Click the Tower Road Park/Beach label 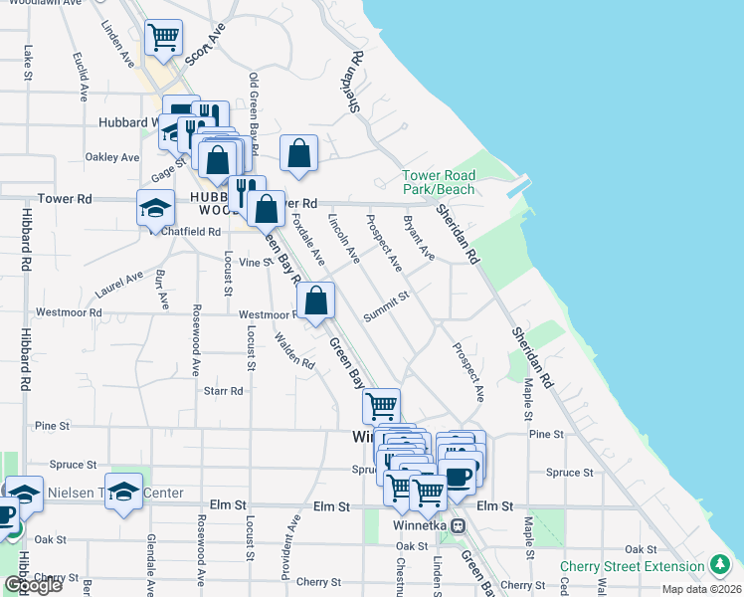pos(439,182)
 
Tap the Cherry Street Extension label pos(632,566)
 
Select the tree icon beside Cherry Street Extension pos(720,566)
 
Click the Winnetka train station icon pos(458,525)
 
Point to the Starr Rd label pos(223,391)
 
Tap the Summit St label pos(386,307)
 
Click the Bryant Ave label pos(419,238)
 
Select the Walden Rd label pos(295,351)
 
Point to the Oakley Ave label pos(112,157)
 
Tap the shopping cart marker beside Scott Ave pos(163,39)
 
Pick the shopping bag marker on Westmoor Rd pos(315,301)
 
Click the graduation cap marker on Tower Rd pos(154,208)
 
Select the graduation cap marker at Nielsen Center pos(123,492)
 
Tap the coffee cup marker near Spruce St pos(459,477)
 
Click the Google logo pos(33,586)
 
